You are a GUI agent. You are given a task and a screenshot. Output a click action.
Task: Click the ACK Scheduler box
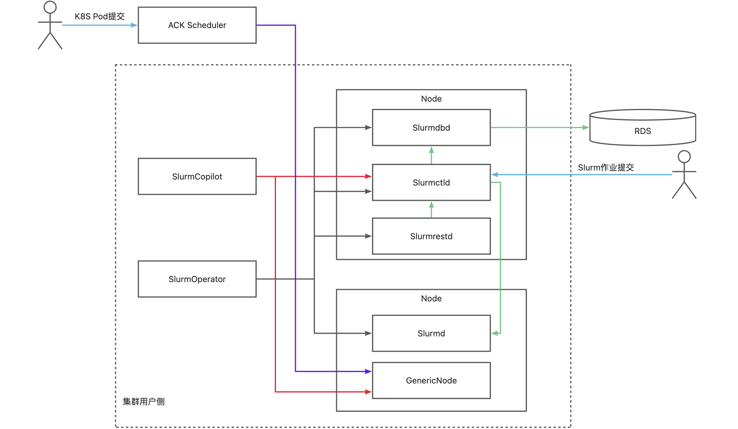(197, 25)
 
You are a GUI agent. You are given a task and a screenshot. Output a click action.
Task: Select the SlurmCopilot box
(197, 176)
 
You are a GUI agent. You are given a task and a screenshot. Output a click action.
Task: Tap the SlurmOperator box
(197, 279)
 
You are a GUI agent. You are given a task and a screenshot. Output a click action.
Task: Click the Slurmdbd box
(431, 128)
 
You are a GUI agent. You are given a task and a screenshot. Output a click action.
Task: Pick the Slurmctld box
(431, 183)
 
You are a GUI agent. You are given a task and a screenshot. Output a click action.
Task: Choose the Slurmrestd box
(431, 236)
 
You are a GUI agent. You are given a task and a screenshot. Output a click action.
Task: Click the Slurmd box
(431, 333)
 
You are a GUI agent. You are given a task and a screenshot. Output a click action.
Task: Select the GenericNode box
(431, 380)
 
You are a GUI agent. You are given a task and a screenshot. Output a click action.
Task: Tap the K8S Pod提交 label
(100, 16)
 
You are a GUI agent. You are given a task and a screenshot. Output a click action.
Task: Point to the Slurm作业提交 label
(605, 167)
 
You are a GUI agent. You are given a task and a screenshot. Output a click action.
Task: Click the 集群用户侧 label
(143, 402)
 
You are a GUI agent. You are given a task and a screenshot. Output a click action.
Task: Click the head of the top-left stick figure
(50, 7)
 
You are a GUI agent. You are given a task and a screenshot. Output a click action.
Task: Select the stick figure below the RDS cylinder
(684, 175)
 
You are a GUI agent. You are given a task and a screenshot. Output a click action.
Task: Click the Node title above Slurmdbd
(431, 99)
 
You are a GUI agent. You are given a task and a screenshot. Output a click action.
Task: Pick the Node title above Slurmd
(431, 298)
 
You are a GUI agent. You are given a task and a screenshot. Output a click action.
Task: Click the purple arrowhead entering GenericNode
(368, 371)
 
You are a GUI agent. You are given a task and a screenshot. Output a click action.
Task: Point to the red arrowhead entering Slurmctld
(368, 176)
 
